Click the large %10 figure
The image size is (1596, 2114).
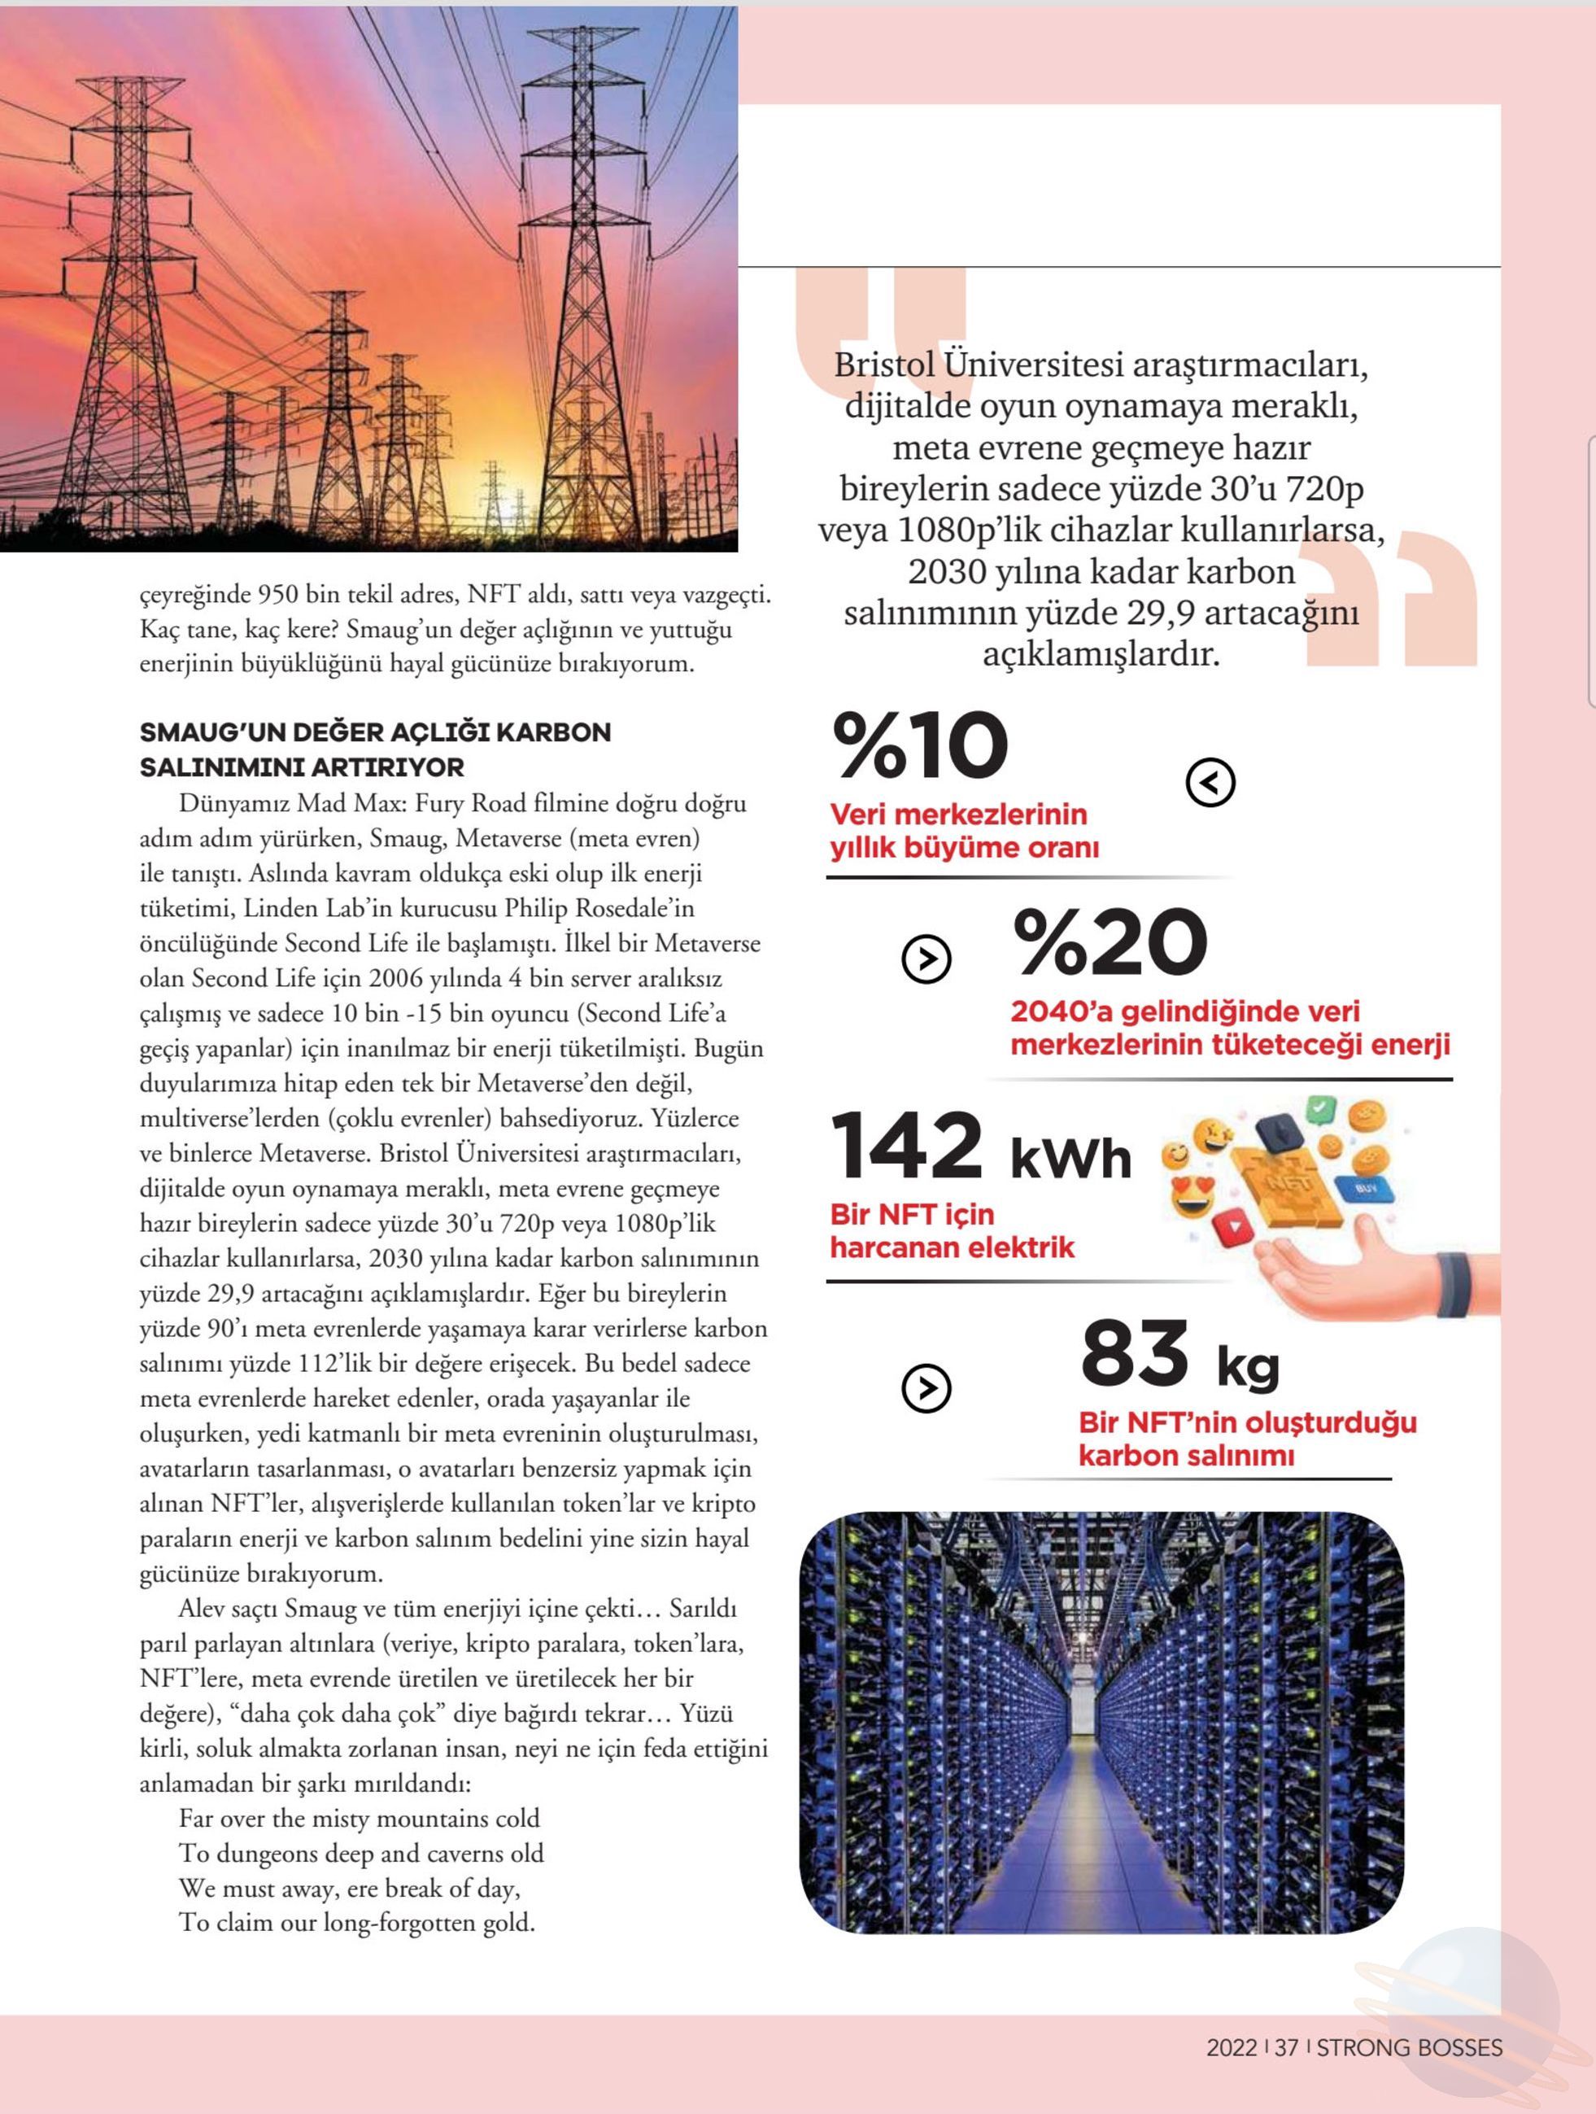pos(920,746)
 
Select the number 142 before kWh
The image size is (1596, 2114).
pos(906,1146)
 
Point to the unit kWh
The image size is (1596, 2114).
pos(1071,1160)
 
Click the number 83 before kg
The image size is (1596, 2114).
pos(1135,1352)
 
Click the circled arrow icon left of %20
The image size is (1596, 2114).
pos(926,959)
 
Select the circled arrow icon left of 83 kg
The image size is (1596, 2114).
pos(926,1389)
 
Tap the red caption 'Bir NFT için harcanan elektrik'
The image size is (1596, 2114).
pos(952,1231)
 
